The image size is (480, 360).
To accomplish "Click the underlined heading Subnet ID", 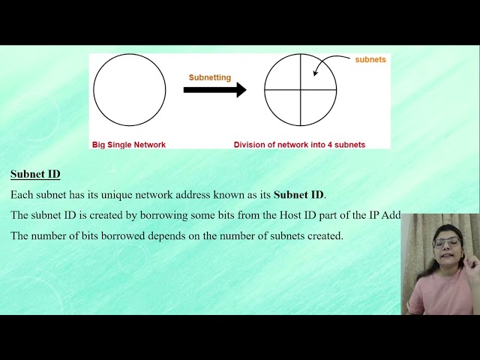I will click(x=35, y=174).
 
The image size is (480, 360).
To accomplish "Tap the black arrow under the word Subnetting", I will click(x=214, y=90).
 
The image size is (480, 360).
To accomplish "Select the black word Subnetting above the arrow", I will click(x=210, y=77).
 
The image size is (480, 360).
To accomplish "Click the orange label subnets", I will click(x=370, y=59).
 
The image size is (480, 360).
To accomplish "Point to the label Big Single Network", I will click(x=128, y=144).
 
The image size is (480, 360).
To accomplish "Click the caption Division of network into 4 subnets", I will click(x=299, y=144).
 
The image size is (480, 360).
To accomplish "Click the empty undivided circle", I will click(x=129, y=90).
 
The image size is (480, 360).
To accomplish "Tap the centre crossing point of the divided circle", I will click(x=301, y=90).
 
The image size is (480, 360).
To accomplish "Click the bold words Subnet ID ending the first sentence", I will click(x=298, y=195).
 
